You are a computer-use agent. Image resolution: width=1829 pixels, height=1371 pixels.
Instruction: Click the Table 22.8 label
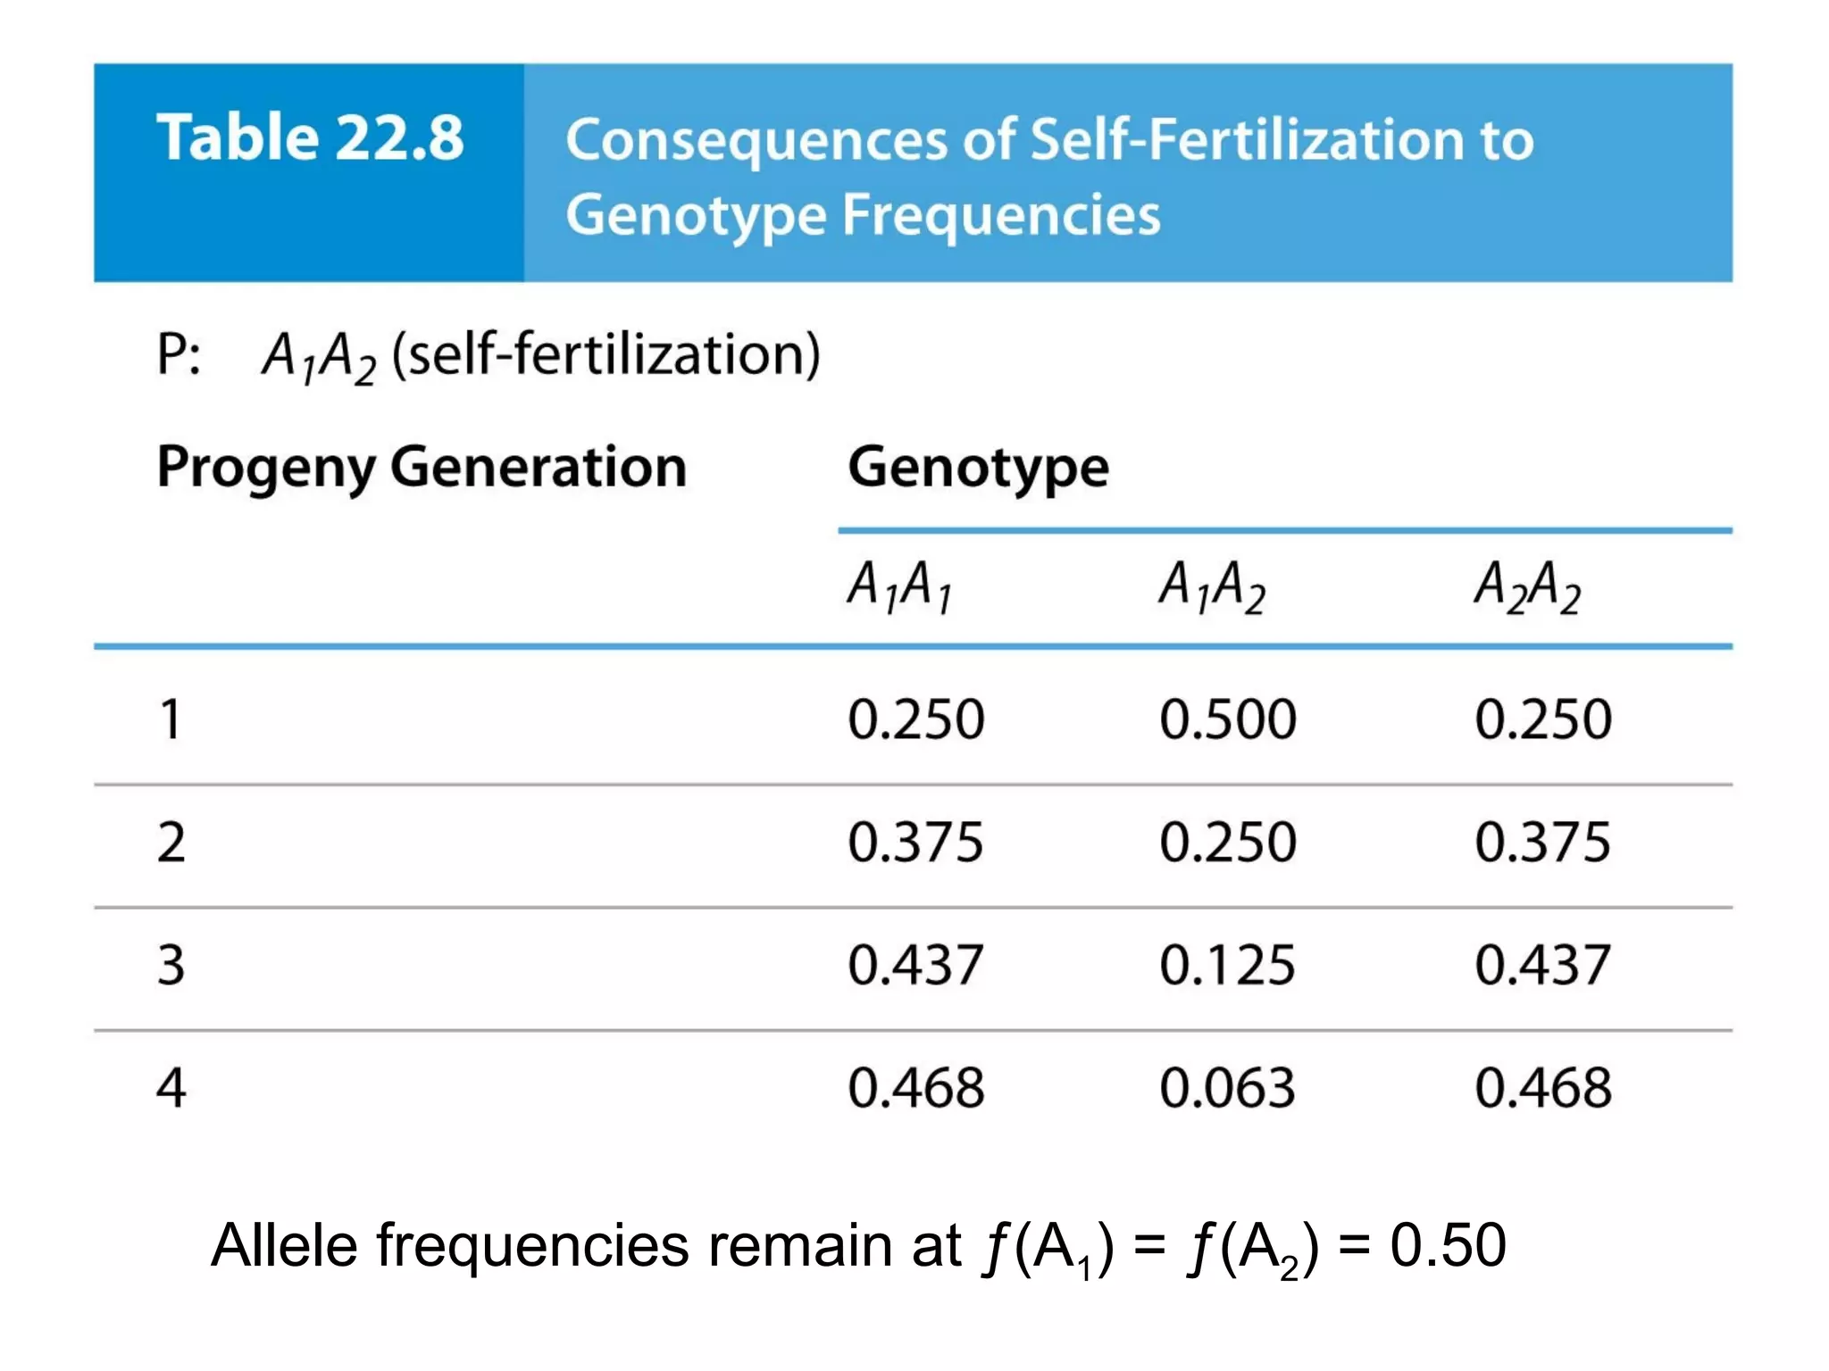pyautogui.click(x=310, y=137)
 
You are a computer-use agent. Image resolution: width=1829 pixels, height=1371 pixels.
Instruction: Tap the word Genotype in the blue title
pyautogui.click(x=697, y=216)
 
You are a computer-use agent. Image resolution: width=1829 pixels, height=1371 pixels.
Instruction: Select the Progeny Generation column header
pyautogui.click(x=422, y=467)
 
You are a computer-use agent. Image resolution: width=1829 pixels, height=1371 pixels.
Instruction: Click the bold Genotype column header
pyautogui.click(x=978, y=467)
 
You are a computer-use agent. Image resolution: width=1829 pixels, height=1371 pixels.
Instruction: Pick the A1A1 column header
pyautogui.click(x=899, y=586)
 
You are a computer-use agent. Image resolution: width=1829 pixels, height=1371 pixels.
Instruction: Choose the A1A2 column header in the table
pyautogui.click(x=1212, y=586)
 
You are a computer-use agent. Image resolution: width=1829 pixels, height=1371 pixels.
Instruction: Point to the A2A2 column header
pyautogui.click(x=1527, y=586)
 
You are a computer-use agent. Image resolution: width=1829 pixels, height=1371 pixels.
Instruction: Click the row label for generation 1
pyautogui.click(x=171, y=719)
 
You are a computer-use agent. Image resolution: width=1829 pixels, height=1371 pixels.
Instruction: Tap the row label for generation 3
pyautogui.click(x=171, y=965)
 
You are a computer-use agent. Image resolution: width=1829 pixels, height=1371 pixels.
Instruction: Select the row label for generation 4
pyautogui.click(x=171, y=1088)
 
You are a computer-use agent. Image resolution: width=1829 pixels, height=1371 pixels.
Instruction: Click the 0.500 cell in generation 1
pyautogui.click(x=1228, y=719)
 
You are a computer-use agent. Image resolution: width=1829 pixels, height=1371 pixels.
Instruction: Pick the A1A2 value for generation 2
pyautogui.click(x=1228, y=842)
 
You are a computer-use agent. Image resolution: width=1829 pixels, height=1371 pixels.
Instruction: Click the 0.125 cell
pyautogui.click(x=1228, y=965)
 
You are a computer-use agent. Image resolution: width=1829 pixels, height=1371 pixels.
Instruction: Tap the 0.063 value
pyautogui.click(x=1228, y=1088)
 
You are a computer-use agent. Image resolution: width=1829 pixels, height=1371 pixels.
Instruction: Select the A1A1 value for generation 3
pyautogui.click(x=915, y=965)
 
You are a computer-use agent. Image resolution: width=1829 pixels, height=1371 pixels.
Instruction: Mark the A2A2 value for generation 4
pyautogui.click(x=1543, y=1088)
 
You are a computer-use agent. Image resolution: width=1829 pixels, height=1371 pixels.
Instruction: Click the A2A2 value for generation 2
pyautogui.click(x=1543, y=842)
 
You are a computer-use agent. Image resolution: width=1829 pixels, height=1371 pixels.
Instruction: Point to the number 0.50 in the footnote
pyautogui.click(x=1448, y=1245)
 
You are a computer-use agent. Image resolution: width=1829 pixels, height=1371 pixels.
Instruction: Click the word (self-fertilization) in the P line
pyautogui.click(x=605, y=354)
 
